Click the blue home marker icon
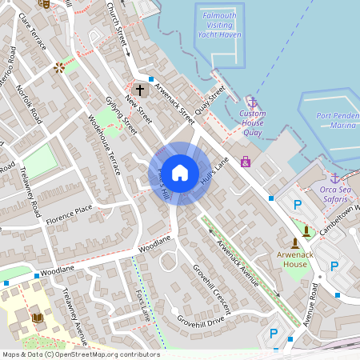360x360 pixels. click(x=180, y=172)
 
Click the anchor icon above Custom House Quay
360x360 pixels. click(x=252, y=102)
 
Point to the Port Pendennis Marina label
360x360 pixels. click(x=336, y=121)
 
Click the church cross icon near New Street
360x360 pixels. click(x=139, y=90)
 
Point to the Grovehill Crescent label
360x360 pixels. click(x=210, y=283)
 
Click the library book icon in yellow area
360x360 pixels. click(x=37, y=318)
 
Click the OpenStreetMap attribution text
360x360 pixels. click(x=80, y=354)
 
